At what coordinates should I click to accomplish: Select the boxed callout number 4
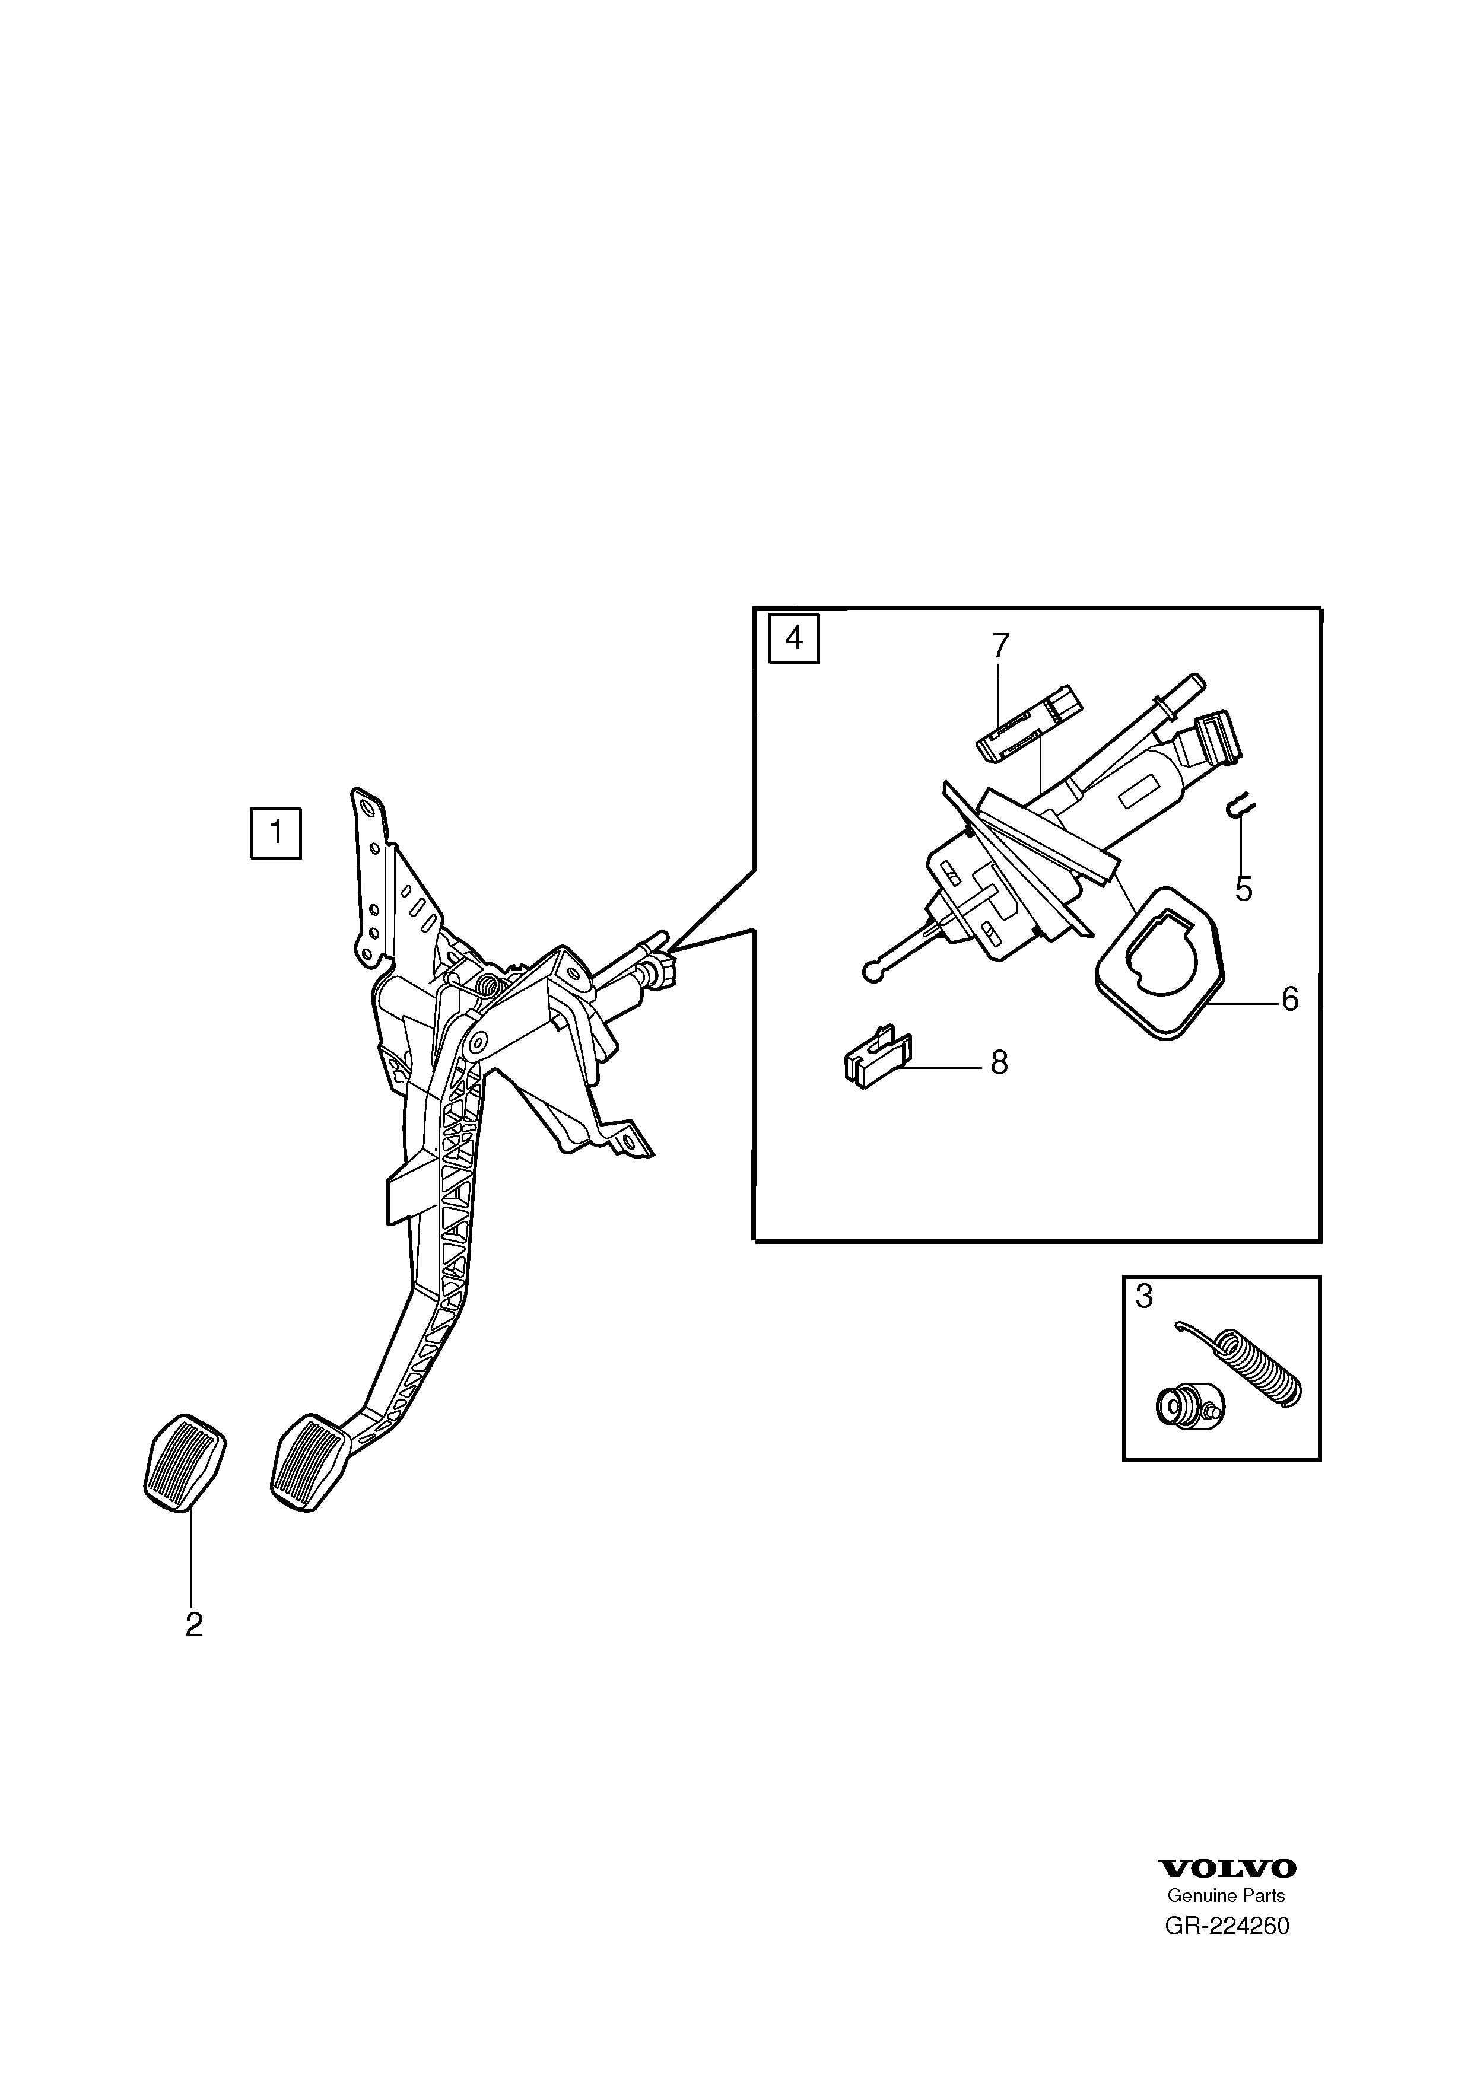pos(794,639)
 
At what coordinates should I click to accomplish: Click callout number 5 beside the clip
pos(1244,890)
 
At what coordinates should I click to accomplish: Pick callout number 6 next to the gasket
pos(1290,999)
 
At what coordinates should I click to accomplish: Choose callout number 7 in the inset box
pos(1000,646)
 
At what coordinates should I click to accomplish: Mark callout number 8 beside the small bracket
pos(999,1062)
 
